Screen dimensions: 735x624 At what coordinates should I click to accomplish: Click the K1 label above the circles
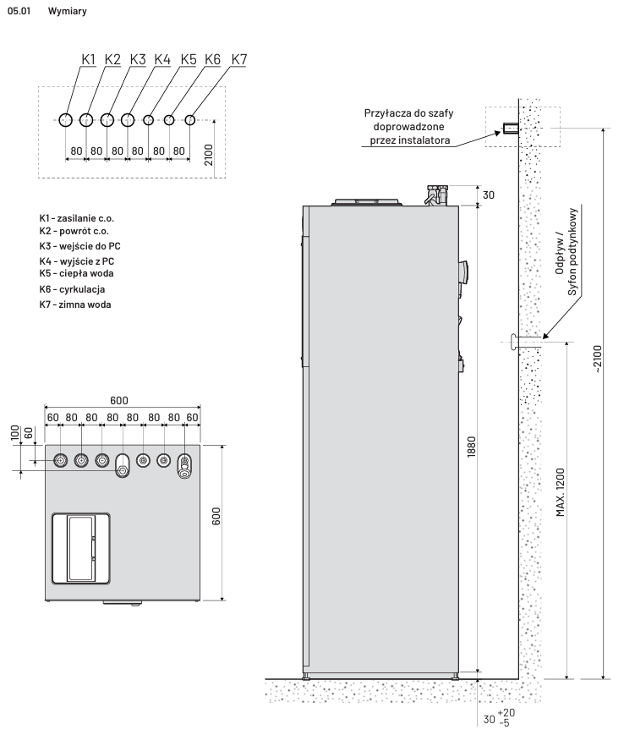point(89,59)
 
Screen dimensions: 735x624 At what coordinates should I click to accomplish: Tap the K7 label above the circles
point(239,59)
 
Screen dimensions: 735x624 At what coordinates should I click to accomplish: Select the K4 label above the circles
point(163,59)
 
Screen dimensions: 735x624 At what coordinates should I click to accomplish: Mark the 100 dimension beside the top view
point(14,432)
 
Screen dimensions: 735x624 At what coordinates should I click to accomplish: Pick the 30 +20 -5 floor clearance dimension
point(499,718)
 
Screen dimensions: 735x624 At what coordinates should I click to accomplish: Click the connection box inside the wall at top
point(510,129)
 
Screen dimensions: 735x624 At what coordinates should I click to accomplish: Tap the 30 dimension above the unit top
point(488,195)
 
